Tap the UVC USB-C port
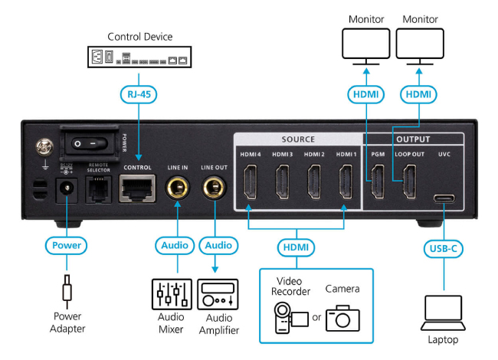(x=444, y=198)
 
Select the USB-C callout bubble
(x=444, y=248)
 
